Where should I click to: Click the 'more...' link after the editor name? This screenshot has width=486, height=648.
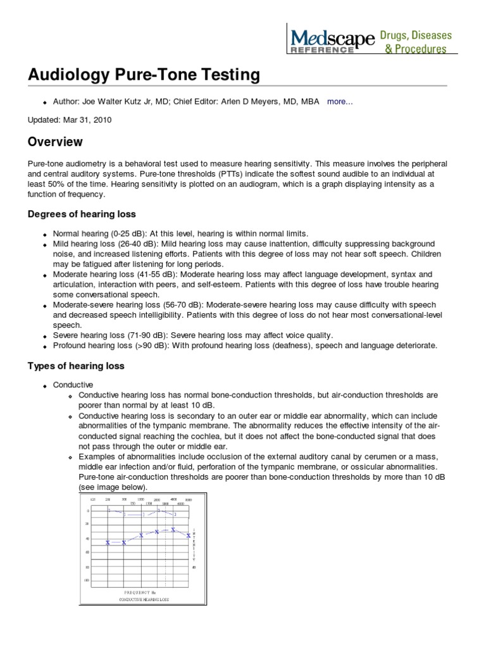pyautogui.click(x=340, y=101)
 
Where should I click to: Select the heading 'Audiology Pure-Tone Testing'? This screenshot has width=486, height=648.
pyautogui.click(x=144, y=75)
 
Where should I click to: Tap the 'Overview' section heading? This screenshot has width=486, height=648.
pyautogui.click(x=55, y=142)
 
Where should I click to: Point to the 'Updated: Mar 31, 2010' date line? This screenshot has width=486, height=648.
pyautogui.click(x=70, y=120)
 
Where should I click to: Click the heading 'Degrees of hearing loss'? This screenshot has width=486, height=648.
pyautogui.click(x=82, y=214)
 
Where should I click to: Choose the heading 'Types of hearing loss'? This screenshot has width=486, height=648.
pyautogui.click(x=76, y=366)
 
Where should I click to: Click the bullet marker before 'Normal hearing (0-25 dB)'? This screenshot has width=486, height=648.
pyautogui.click(x=45, y=234)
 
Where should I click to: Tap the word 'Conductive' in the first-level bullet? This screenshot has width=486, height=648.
pyautogui.click(x=73, y=385)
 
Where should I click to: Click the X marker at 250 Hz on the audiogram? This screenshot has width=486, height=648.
pyautogui.click(x=108, y=542)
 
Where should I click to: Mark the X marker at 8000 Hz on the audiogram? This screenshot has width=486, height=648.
pyautogui.click(x=189, y=535)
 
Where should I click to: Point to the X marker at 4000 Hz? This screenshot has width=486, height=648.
pyautogui.click(x=173, y=529)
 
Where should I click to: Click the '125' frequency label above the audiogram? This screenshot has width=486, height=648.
pyautogui.click(x=92, y=500)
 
